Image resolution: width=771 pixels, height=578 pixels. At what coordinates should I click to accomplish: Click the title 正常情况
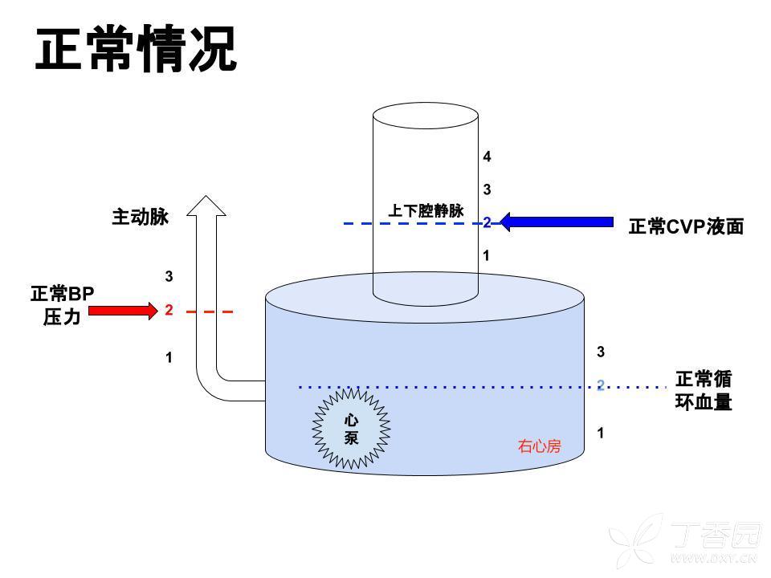[x=136, y=51]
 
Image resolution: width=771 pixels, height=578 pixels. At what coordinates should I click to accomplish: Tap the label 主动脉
[x=141, y=217]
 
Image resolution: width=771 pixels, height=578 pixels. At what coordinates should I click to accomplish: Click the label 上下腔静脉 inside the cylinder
[x=426, y=211]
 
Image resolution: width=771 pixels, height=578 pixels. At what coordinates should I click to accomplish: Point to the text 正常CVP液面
[x=686, y=227]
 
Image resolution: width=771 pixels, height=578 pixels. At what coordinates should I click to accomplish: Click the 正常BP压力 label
[x=62, y=306]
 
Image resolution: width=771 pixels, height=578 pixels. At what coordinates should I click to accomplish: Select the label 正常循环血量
[x=704, y=390]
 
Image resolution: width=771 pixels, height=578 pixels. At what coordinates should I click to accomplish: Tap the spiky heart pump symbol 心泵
[x=351, y=429]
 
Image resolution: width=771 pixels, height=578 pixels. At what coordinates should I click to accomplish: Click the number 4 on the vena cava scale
[x=487, y=157]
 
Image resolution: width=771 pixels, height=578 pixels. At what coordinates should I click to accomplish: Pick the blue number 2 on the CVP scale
[x=487, y=222]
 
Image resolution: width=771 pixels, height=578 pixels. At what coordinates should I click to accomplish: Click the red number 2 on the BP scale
[x=169, y=310]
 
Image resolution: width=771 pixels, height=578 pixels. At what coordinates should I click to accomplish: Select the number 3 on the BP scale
[x=169, y=277]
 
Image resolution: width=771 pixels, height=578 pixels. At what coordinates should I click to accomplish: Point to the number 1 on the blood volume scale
[x=600, y=433]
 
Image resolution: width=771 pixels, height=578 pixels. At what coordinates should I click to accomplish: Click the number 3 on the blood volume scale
[x=600, y=352]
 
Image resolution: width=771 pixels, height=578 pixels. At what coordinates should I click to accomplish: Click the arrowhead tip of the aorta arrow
[x=206, y=197]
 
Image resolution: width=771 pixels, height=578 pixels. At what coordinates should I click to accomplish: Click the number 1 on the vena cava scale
[x=487, y=256]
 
